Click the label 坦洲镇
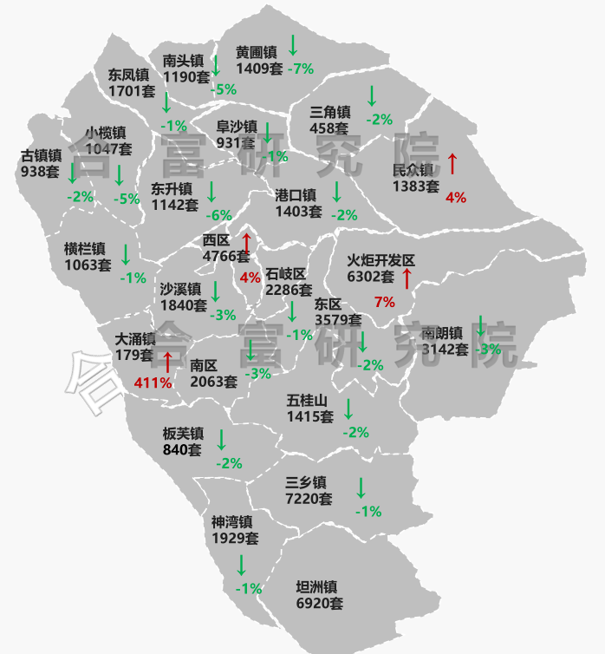pyautogui.click(x=316, y=587)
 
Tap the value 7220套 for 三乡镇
pyautogui.click(x=309, y=499)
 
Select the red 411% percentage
pyautogui.click(x=153, y=383)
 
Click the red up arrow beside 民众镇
pyautogui.click(x=452, y=162)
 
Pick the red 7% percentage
pyautogui.click(x=384, y=302)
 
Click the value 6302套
pyautogui.click(x=371, y=278)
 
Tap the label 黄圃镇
pyautogui.click(x=256, y=52)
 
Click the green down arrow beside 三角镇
pyautogui.click(x=372, y=95)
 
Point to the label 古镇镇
pyautogui.click(x=41, y=156)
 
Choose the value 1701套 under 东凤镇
pyautogui.click(x=132, y=90)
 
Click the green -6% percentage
pyautogui.click(x=218, y=215)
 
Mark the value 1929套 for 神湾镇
pyautogui.click(x=235, y=538)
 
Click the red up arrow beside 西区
pyautogui.click(x=246, y=245)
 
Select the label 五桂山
pyautogui.click(x=308, y=401)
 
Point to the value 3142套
pyautogui.click(x=445, y=350)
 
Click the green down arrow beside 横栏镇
pyautogui.click(x=126, y=254)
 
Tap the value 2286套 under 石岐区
pyautogui.click(x=289, y=290)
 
